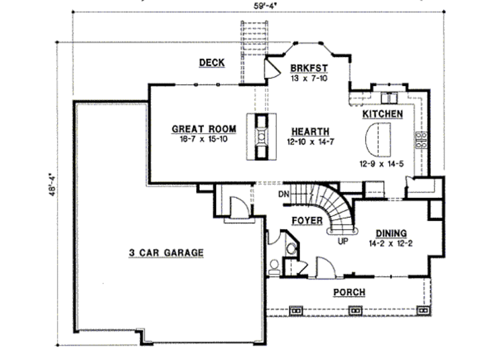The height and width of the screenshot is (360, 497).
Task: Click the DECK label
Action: (x=212, y=63)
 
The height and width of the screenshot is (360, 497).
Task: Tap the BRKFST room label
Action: (x=309, y=68)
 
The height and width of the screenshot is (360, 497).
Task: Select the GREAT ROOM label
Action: (x=204, y=129)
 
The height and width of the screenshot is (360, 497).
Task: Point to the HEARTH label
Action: (x=310, y=131)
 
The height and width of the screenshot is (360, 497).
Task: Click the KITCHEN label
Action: (x=382, y=114)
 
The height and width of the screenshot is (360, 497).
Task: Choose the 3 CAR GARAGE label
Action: (x=166, y=253)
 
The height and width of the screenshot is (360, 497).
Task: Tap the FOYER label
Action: (x=307, y=221)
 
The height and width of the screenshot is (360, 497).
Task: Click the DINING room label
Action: (x=391, y=233)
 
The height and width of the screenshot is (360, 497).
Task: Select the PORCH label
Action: (x=349, y=292)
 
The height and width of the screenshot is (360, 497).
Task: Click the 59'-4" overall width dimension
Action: (x=267, y=6)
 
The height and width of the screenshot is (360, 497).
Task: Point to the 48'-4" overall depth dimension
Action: (x=52, y=184)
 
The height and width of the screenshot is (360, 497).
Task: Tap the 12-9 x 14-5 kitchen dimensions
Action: (x=381, y=164)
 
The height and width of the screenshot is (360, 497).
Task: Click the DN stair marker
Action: (x=284, y=194)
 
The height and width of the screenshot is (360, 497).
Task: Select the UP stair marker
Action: (x=343, y=242)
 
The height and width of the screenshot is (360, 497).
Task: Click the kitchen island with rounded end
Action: (x=378, y=139)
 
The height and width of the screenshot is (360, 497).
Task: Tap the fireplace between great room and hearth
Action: (x=262, y=136)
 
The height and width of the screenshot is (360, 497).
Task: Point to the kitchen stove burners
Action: (x=422, y=140)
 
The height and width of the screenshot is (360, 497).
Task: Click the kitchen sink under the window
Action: (x=389, y=98)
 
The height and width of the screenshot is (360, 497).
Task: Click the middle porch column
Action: (x=355, y=311)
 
